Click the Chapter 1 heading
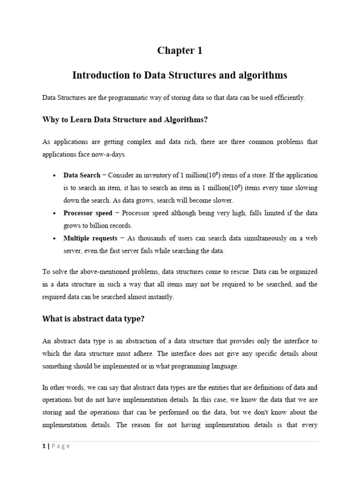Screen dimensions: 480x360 [x=180, y=51]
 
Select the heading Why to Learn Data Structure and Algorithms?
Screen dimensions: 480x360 [x=125, y=120]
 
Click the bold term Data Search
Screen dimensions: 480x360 [x=82, y=175]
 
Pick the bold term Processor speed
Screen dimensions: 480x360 [x=88, y=213]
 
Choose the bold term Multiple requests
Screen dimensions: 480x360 [x=90, y=239]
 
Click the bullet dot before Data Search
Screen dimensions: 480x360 [x=54, y=176]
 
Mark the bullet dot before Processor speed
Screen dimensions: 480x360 [x=54, y=213]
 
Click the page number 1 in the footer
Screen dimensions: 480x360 [x=44, y=446]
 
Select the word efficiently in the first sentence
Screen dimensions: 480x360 [x=289, y=97]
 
